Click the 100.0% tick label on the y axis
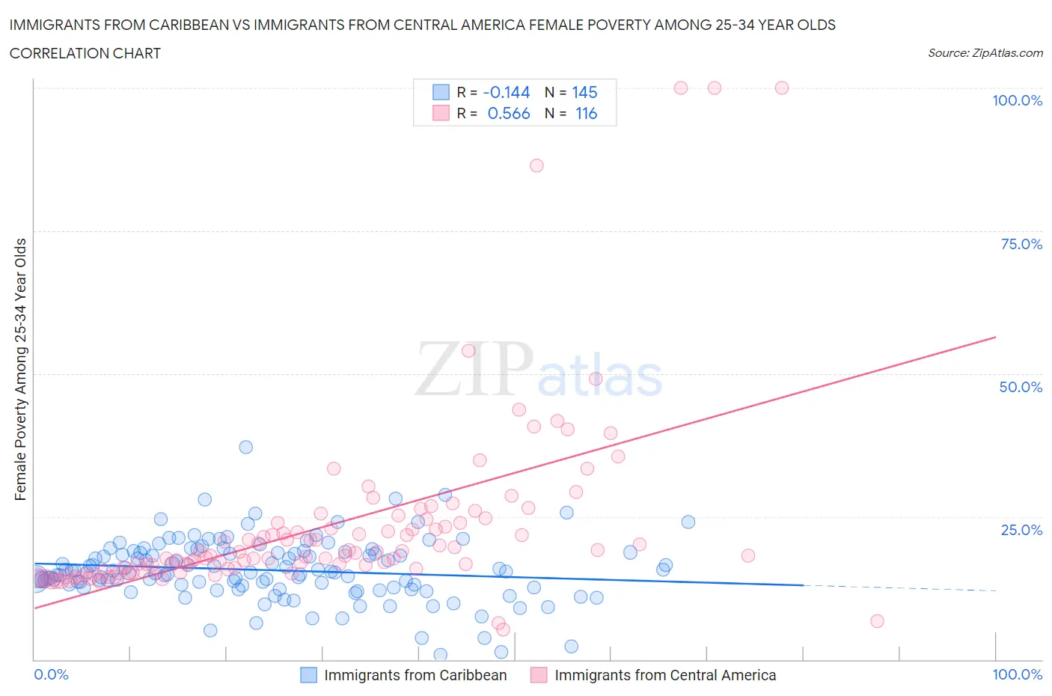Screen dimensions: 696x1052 [1017, 101]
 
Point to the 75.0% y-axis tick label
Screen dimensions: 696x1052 [1021, 244]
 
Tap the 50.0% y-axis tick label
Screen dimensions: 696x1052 [1021, 387]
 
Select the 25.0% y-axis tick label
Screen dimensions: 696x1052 [1021, 530]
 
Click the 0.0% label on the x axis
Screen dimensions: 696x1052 [52, 674]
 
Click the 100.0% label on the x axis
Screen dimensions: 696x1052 [1017, 674]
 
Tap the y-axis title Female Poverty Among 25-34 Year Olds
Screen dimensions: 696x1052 [20, 369]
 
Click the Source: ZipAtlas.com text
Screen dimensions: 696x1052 [985, 53]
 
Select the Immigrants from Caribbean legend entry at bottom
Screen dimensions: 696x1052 [404, 675]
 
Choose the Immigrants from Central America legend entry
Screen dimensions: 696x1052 [653, 675]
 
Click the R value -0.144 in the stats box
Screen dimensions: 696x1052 [507, 92]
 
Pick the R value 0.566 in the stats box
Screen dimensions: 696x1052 [508, 114]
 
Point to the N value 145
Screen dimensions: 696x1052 [584, 92]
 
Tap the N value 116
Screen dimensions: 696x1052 [586, 114]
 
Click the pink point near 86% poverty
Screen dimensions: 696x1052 [536, 165]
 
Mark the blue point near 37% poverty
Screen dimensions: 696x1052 [245, 447]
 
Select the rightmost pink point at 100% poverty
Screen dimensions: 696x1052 [782, 88]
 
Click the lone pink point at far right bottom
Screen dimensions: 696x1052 [877, 621]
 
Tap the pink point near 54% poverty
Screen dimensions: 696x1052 [468, 350]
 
